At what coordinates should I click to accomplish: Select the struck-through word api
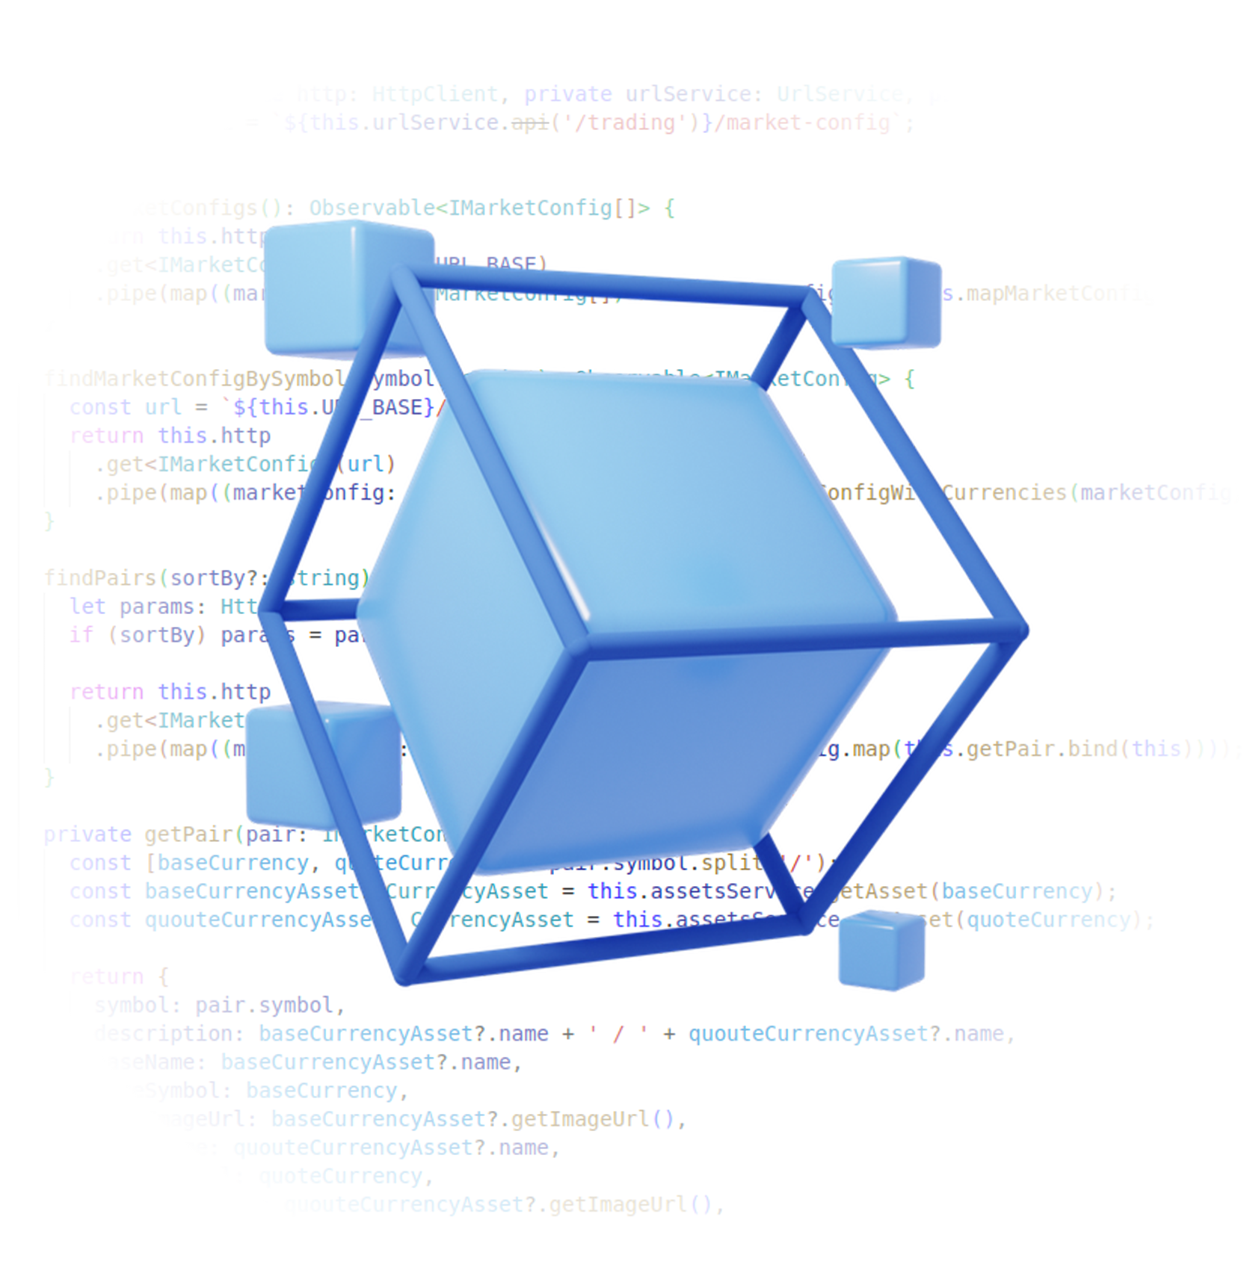click(530, 123)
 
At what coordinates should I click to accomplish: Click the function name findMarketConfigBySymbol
click(193, 379)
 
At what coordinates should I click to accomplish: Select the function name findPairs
click(99, 577)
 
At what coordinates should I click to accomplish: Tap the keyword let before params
click(87, 606)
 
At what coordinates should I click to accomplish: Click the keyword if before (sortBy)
click(81, 634)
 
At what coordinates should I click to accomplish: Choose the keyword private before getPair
click(87, 834)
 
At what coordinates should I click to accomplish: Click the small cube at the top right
click(887, 302)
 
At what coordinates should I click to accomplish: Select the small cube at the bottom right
click(881, 950)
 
